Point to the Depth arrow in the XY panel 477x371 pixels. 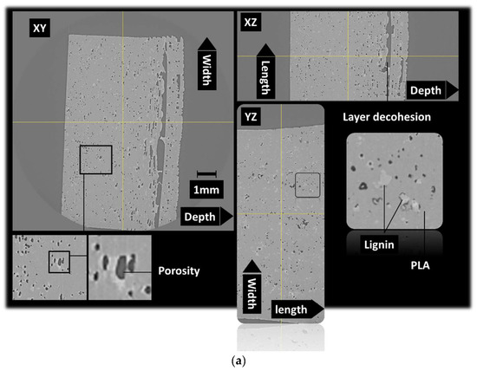[206, 217]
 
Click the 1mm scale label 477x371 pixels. [206, 186]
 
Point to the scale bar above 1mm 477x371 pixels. [205, 174]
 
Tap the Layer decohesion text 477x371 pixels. [387, 116]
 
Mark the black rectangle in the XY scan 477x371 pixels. [95, 161]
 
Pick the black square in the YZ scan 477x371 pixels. [307, 185]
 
